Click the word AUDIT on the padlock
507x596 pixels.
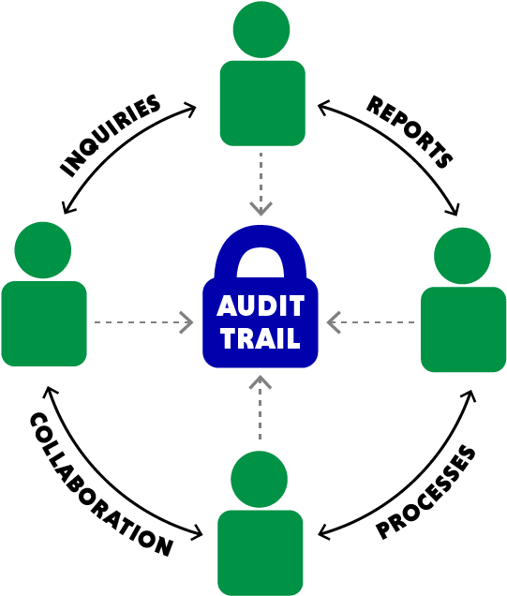pyautogui.click(x=261, y=306)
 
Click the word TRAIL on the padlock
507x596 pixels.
pyautogui.click(x=261, y=337)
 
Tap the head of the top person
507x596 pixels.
pyautogui.click(x=261, y=30)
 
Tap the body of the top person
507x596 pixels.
pyautogui.click(x=262, y=103)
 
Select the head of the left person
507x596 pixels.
pyautogui.click(x=43, y=250)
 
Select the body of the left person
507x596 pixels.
pyautogui.click(x=44, y=323)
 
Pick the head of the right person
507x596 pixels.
pyautogui.click(x=463, y=256)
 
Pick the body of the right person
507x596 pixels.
pyautogui.click(x=463, y=329)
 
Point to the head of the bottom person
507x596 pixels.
pyautogui.click(x=260, y=479)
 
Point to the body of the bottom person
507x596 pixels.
pyautogui.click(x=261, y=552)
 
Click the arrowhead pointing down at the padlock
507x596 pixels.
pyautogui.click(x=261, y=207)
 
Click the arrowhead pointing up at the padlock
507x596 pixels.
pyautogui.click(x=261, y=382)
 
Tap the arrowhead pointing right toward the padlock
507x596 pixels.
pyautogui.click(x=186, y=322)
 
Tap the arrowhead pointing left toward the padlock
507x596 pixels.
pyautogui.click(x=334, y=322)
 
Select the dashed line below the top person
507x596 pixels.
pyautogui.click(x=261, y=173)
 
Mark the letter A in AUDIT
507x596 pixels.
pyautogui.click(x=226, y=306)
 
